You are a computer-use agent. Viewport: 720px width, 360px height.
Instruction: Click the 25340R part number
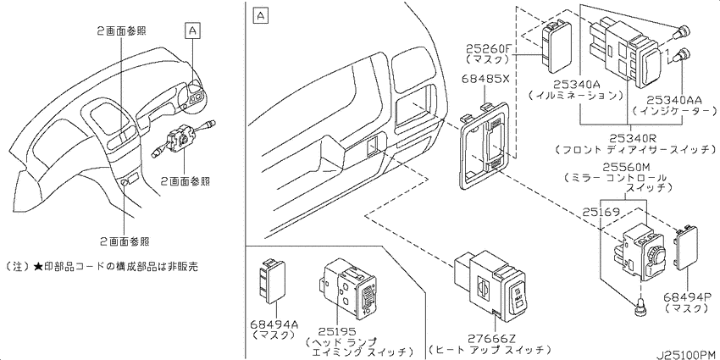pos(632,138)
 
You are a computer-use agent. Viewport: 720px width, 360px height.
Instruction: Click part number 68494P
pos(684,296)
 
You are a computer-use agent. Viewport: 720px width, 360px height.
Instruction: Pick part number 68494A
pos(274,324)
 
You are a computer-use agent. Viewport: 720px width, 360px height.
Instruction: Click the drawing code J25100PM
pos(684,354)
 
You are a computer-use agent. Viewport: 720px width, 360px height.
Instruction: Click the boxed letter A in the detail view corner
pos(260,17)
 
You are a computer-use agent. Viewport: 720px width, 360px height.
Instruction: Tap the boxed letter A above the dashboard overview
pos(193,30)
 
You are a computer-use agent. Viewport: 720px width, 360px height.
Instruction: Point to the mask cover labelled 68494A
pos(273,281)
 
